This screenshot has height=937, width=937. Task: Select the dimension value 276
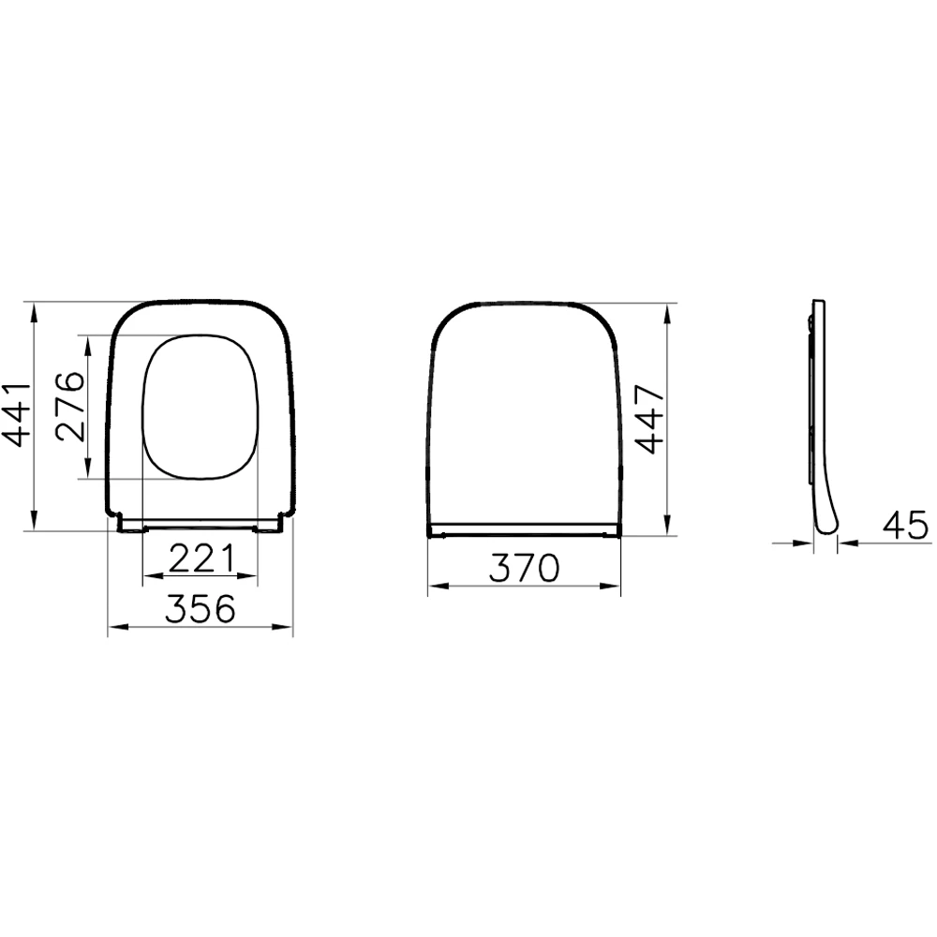click(x=69, y=407)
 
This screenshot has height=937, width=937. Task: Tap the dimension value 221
click(x=200, y=559)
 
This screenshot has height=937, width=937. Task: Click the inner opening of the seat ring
click(x=200, y=408)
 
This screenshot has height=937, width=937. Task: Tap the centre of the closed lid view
click(x=525, y=412)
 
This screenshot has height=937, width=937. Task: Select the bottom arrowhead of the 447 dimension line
click(x=668, y=529)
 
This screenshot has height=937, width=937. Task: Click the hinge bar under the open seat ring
click(x=200, y=523)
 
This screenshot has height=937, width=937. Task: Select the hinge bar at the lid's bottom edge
click(x=525, y=529)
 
